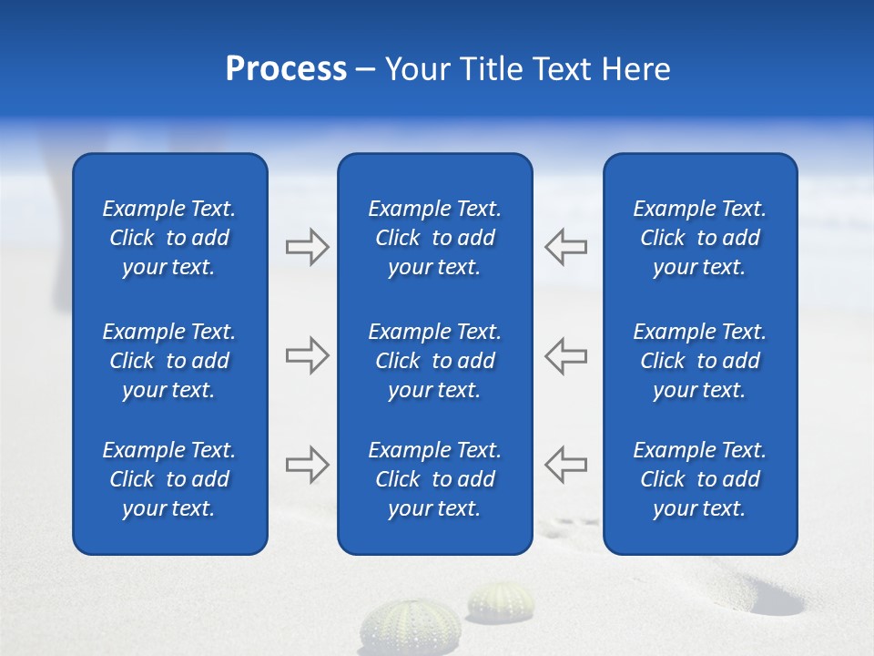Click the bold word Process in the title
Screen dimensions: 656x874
(x=286, y=69)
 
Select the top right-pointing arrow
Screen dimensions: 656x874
(x=307, y=247)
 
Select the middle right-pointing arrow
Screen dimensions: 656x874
(x=307, y=356)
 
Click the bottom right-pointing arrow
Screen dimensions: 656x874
(x=307, y=465)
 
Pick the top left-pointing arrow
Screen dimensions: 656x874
(x=566, y=247)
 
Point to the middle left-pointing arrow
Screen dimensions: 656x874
(x=566, y=356)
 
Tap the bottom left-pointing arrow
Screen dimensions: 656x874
(x=566, y=465)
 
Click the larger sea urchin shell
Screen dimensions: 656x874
(x=410, y=627)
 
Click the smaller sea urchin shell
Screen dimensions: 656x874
(x=501, y=600)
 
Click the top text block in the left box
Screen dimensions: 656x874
(x=169, y=238)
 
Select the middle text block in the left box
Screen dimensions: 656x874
(x=169, y=361)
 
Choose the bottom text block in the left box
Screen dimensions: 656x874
(x=169, y=479)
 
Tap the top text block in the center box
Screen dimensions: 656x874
(x=435, y=238)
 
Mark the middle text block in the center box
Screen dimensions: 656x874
(x=435, y=361)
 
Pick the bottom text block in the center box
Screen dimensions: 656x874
(x=435, y=479)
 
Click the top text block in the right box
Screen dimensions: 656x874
(x=700, y=238)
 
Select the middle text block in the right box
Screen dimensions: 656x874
(x=700, y=361)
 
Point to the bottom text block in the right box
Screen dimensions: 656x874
(x=700, y=479)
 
